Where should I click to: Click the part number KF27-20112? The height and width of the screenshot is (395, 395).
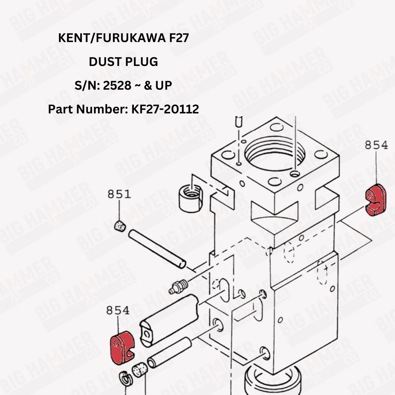click(x=165, y=109)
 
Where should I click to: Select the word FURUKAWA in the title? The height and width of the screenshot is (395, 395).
click(x=131, y=38)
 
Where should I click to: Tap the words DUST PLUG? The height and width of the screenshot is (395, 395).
click(x=123, y=62)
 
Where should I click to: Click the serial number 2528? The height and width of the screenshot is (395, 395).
click(x=117, y=85)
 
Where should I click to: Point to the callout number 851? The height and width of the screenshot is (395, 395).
click(x=119, y=194)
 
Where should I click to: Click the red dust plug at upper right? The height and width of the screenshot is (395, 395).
click(x=375, y=200)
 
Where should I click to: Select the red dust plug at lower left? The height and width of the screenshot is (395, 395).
click(x=122, y=348)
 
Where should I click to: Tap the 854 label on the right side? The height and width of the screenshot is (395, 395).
click(x=376, y=145)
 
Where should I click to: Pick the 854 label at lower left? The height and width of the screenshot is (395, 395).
click(x=118, y=310)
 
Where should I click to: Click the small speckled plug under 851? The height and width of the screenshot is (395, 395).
click(x=120, y=226)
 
